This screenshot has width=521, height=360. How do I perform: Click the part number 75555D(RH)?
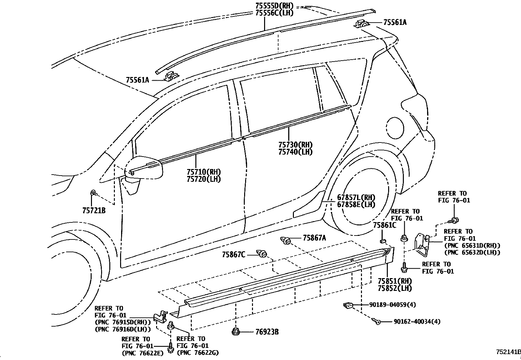pos(274,6)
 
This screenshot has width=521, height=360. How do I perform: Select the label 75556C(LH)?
pos(274,13)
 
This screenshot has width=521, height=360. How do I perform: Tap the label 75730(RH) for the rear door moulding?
pos(295,145)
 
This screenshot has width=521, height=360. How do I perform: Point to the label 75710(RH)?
pos(204,172)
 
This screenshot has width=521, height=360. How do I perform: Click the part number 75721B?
pos(94,211)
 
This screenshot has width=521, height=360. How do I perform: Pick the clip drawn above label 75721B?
pos(93,193)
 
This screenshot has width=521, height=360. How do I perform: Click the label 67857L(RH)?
pos(356,198)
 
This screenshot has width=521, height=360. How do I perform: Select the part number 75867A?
pos(314,238)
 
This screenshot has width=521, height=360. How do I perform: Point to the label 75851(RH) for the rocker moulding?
pos(394,281)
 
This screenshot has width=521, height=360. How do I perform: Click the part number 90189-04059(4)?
pos(392,305)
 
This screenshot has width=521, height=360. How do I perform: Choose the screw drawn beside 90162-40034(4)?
pos(377,322)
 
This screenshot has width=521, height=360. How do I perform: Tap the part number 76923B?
pos(267,332)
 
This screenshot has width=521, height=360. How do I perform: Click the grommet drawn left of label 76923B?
pos(235,332)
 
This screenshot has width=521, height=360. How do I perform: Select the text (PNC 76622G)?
pos(198,353)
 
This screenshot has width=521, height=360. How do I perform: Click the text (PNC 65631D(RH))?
pos(472,246)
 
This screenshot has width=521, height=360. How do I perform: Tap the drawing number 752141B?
pos(508,352)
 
